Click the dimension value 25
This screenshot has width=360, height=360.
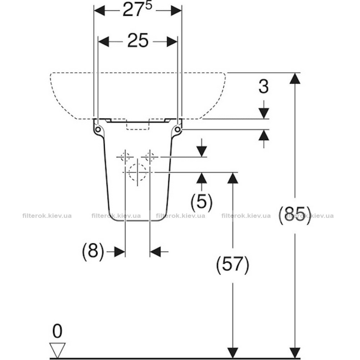(x=138, y=41)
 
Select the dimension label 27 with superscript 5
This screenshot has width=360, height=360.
(x=137, y=9)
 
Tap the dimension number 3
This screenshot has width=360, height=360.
(x=264, y=86)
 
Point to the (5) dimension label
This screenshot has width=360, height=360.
(x=202, y=201)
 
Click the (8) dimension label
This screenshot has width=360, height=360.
(x=93, y=251)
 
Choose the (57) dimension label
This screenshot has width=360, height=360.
(x=233, y=264)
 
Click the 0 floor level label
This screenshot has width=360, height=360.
(x=57, y=331)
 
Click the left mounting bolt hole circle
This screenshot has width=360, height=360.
(x=98, y=130)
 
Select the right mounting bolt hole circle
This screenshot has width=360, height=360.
(x=177, y=130)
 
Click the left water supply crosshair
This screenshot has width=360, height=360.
(x=125, y=157)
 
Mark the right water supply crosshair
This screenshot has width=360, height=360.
(x=150, y=157)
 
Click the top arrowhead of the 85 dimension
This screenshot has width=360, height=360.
(x=295, y=78)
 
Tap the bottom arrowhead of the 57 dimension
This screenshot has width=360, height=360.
(x=233, y=353)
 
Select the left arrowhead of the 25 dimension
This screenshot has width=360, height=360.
(x=104, y=41)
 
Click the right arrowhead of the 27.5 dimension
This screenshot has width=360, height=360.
(x=176, y=10)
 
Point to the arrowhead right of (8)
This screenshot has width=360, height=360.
(x=120, y=252)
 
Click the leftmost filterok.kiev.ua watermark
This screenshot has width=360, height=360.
(x=47, y=216)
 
